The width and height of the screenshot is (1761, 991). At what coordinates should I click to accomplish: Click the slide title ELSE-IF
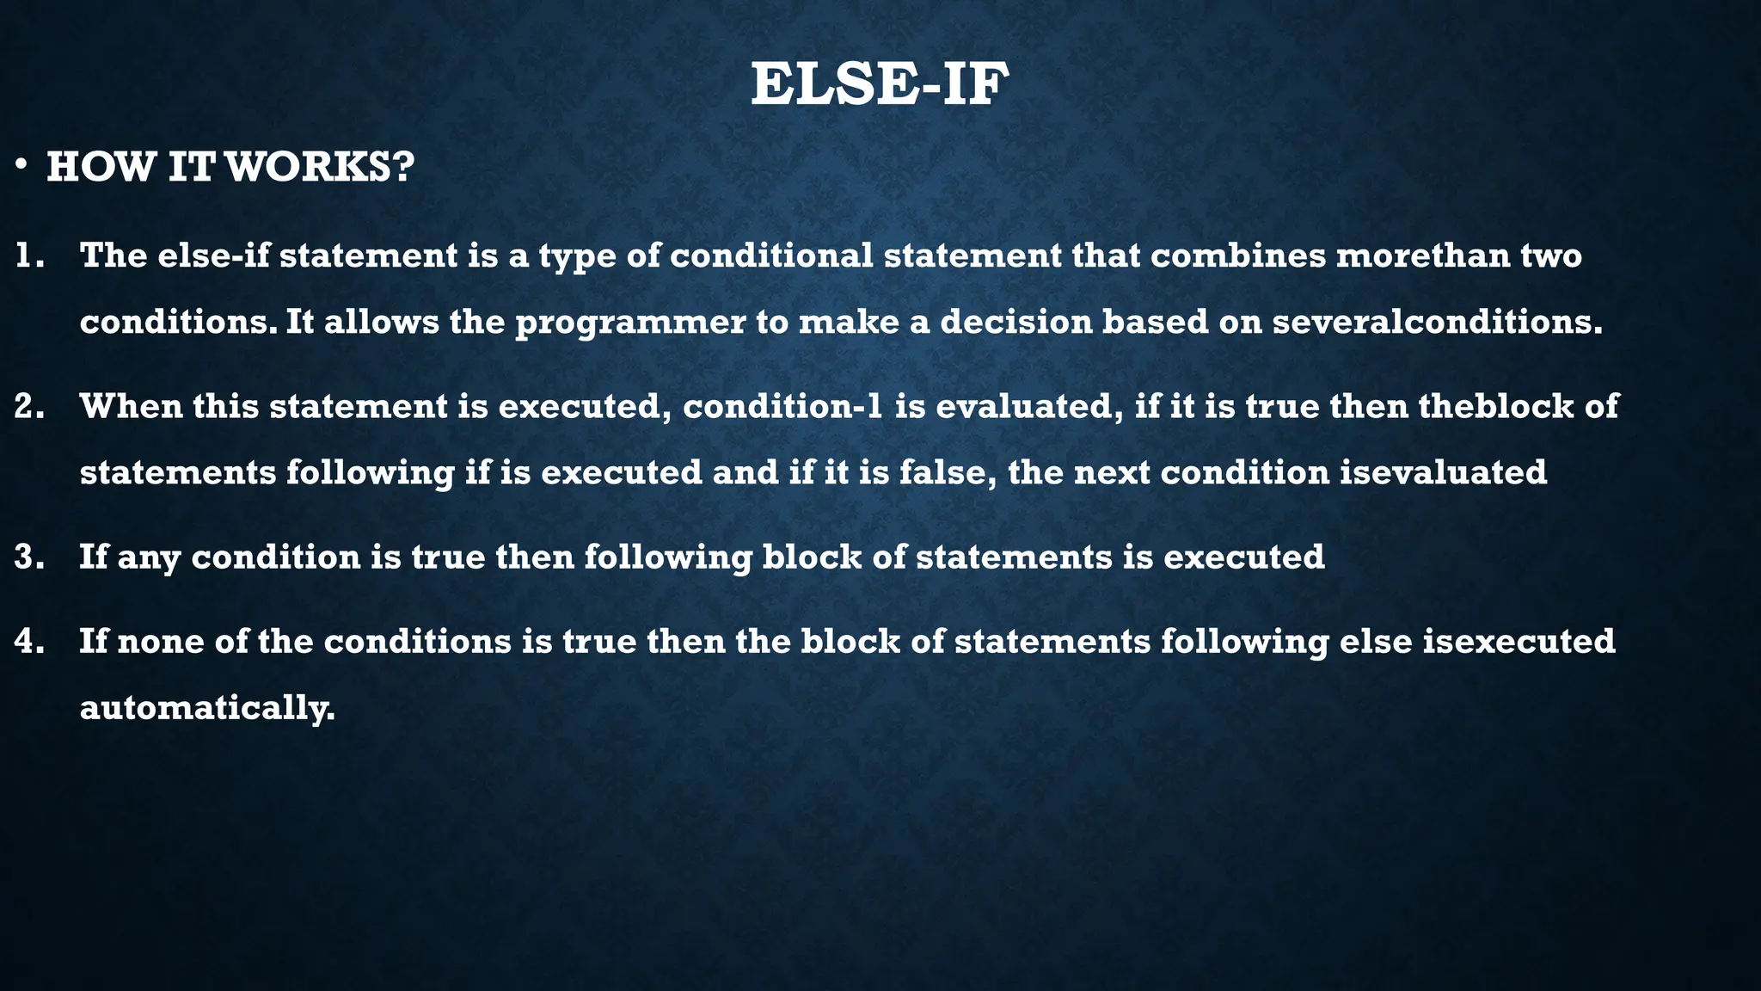[x=880, y=85]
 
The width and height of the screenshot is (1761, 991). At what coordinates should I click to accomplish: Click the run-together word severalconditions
[x=1437, y=322]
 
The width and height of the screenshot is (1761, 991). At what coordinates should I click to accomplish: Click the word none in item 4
[x=160, y=641]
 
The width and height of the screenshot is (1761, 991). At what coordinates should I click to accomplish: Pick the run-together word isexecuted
[x=1519, y=641]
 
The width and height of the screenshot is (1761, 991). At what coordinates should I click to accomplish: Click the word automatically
[x=206, y=709]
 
